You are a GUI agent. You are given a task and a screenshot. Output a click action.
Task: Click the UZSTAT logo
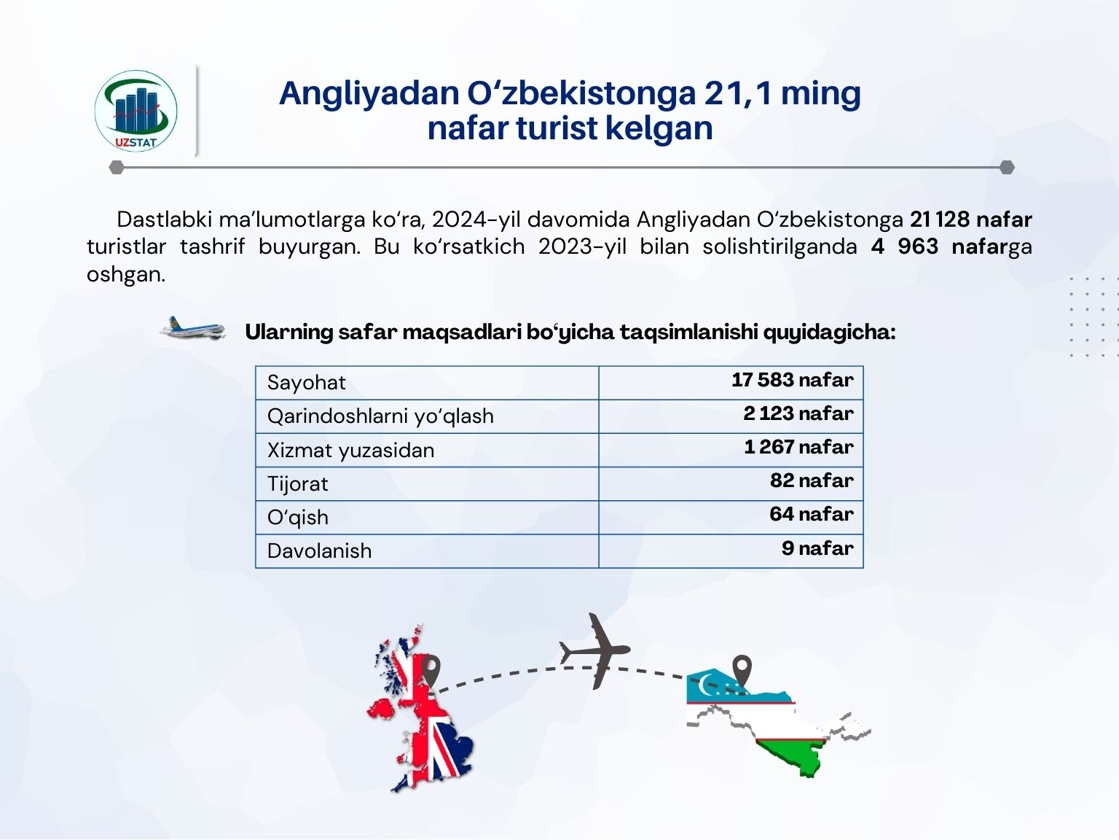pyautogui.click(x=136, y=111)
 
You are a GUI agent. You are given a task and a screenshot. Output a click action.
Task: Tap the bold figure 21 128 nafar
pyautogui.click(x=971, y=219)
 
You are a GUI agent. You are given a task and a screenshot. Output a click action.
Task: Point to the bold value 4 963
pyautogui.click(x=904, y=246)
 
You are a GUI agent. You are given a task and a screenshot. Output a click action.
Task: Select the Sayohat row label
pyautogui.click(x=307, y=383)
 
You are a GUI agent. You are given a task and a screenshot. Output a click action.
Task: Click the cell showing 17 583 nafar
pyautogui.click(x=792, y=380)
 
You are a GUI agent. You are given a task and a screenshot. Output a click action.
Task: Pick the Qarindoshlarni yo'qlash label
pyautogui.click(x=380, y=416)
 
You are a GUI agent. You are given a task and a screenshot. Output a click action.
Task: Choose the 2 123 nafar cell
pyautogui.click(x=798, y=413)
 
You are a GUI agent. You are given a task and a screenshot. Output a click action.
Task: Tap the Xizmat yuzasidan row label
pyautogui.click(x=350, y=451)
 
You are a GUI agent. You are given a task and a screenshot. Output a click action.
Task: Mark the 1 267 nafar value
pyautogui.click(x=798, y=447)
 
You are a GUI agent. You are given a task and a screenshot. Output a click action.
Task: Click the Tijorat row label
pyautogui.click(x=298, y=484)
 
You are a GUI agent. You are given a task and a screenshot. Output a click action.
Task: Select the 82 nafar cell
pyautogui.click(x=812, y=481)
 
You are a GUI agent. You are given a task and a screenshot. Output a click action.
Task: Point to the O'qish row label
pyautogui.click(x=298, y=518)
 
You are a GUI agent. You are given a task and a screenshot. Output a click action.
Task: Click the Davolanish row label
pyautogui.click(x=320, y=551)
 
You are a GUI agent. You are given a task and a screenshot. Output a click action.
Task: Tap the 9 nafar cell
pyautogui.click(x=817, y=548)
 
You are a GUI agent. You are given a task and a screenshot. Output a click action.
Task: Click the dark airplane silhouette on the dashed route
pyautogui.click(x=595, y=651)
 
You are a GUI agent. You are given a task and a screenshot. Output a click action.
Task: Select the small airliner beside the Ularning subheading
pyautogui.click(x=192, y=328)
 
